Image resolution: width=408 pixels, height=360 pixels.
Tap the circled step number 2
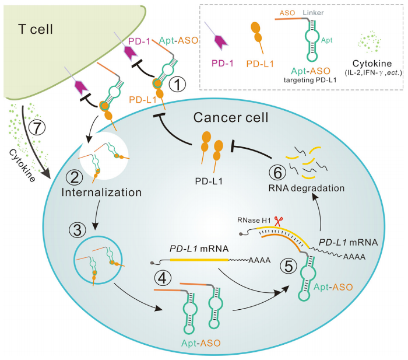pos(74,175)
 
